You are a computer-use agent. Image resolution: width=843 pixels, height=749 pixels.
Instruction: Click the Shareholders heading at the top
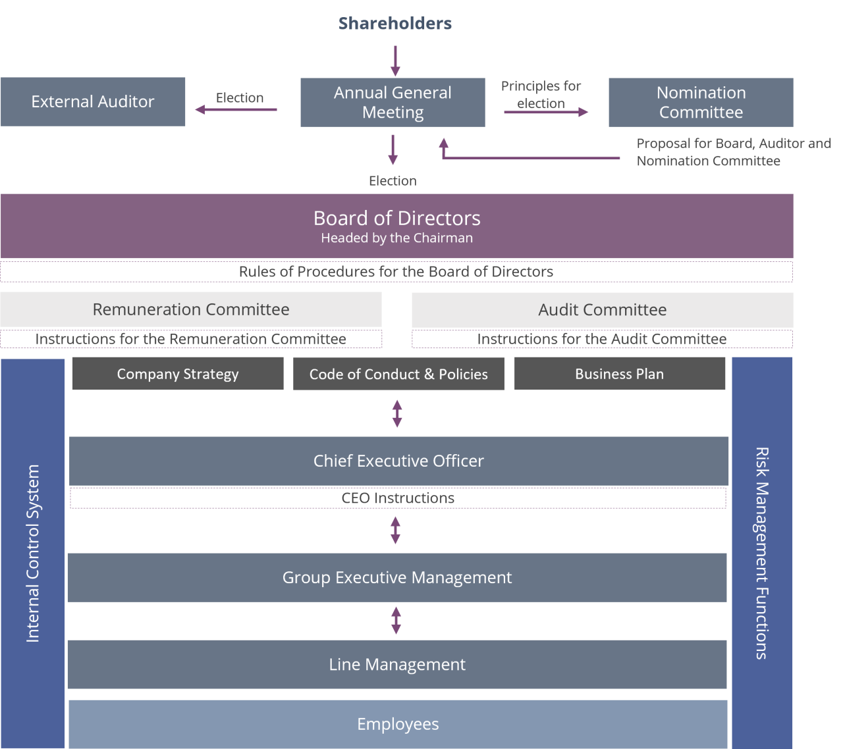pyautogui.click(x=395, y=24)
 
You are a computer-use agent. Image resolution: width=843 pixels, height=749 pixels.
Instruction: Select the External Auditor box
pyautogui.click(x=93, y=101)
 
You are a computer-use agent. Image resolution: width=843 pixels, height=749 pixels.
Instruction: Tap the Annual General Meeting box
pyautogui.click(x=393, y=102)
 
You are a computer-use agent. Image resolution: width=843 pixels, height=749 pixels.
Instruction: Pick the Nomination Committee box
pyautogui.click(x=701, y=102)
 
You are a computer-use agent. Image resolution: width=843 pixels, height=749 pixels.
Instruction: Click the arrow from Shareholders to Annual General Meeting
pyautogui.click(x=395, y=61)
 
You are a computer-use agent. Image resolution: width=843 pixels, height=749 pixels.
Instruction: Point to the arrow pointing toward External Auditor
pyautogui.click(x=236, y=110)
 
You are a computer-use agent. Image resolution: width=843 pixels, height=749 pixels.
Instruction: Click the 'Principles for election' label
pyautogui.click(x=541, y=95)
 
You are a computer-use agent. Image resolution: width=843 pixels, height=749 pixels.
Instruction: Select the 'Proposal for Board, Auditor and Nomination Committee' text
pyautogui.click(x=733, y=152)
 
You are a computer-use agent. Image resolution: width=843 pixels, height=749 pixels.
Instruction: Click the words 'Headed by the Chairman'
pyautogui.click(x=396, y=238)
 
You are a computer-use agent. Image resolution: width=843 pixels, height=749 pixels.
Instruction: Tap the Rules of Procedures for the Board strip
pyautogui.click(x=396, y=272)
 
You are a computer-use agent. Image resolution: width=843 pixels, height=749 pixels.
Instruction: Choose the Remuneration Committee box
pyautogui.click(x=191, y=309)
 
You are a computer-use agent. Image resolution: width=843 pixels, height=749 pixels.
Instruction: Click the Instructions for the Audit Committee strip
pyautogui.click(x=602, y=339)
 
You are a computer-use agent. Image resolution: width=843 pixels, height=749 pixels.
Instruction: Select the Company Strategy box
pyautogui.click(x=178, y=374)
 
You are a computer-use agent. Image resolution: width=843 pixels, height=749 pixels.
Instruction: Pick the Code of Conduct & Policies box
pyautogui.click(x=398, y=374)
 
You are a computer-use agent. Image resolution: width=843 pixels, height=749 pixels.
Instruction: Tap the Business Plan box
pyautogui.click(x=619, y=374)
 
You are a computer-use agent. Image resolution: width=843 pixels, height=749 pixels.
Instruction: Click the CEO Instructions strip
pyautogui.click(x=398, y=498)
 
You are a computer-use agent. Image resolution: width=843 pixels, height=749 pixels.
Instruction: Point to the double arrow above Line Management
pyautogui.click(x=396, y=621)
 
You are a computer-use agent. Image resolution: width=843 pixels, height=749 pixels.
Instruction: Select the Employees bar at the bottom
pyautogui.click(x=398, y=724)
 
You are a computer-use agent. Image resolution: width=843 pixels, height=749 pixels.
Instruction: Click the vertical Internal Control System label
pyautogui.click(x=33, y=553)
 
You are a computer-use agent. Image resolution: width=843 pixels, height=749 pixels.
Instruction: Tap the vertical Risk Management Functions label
pyautogui.click(x=762, y=553)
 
